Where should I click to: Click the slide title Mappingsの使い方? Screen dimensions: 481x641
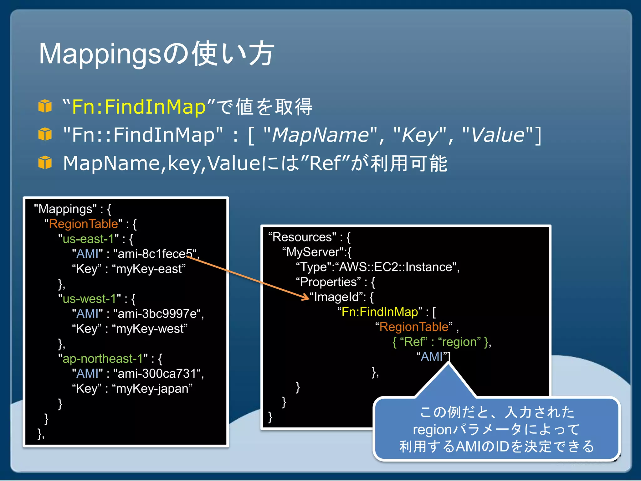tap(156, 54)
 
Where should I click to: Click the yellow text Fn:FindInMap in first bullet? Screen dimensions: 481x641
tap(139, 107)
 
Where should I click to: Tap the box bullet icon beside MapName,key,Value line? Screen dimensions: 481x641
tap(45, 163)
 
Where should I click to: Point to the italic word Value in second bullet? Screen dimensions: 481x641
tap(498, 135)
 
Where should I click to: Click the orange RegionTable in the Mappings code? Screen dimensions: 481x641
tap(84, 224)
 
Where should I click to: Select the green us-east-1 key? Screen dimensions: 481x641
tap(88, 239)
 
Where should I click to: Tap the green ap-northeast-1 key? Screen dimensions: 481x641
tap(103, 359)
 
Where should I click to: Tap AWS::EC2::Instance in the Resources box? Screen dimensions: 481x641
tap(396, 267)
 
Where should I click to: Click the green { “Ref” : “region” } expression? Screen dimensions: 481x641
tap(441, 342)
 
